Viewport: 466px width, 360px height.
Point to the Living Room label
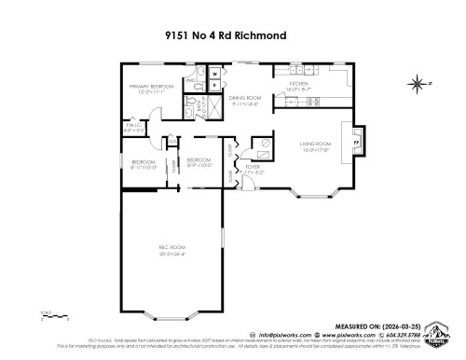[x=316, y=146]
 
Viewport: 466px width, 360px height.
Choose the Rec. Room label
[x=171, y=250]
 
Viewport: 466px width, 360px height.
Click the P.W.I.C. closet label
[x=133, y=128]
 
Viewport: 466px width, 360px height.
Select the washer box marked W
[x=213, y=72]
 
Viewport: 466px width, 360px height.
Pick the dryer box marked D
[x=213, y=85]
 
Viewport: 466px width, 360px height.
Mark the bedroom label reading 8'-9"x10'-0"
[x=199, y=162]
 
